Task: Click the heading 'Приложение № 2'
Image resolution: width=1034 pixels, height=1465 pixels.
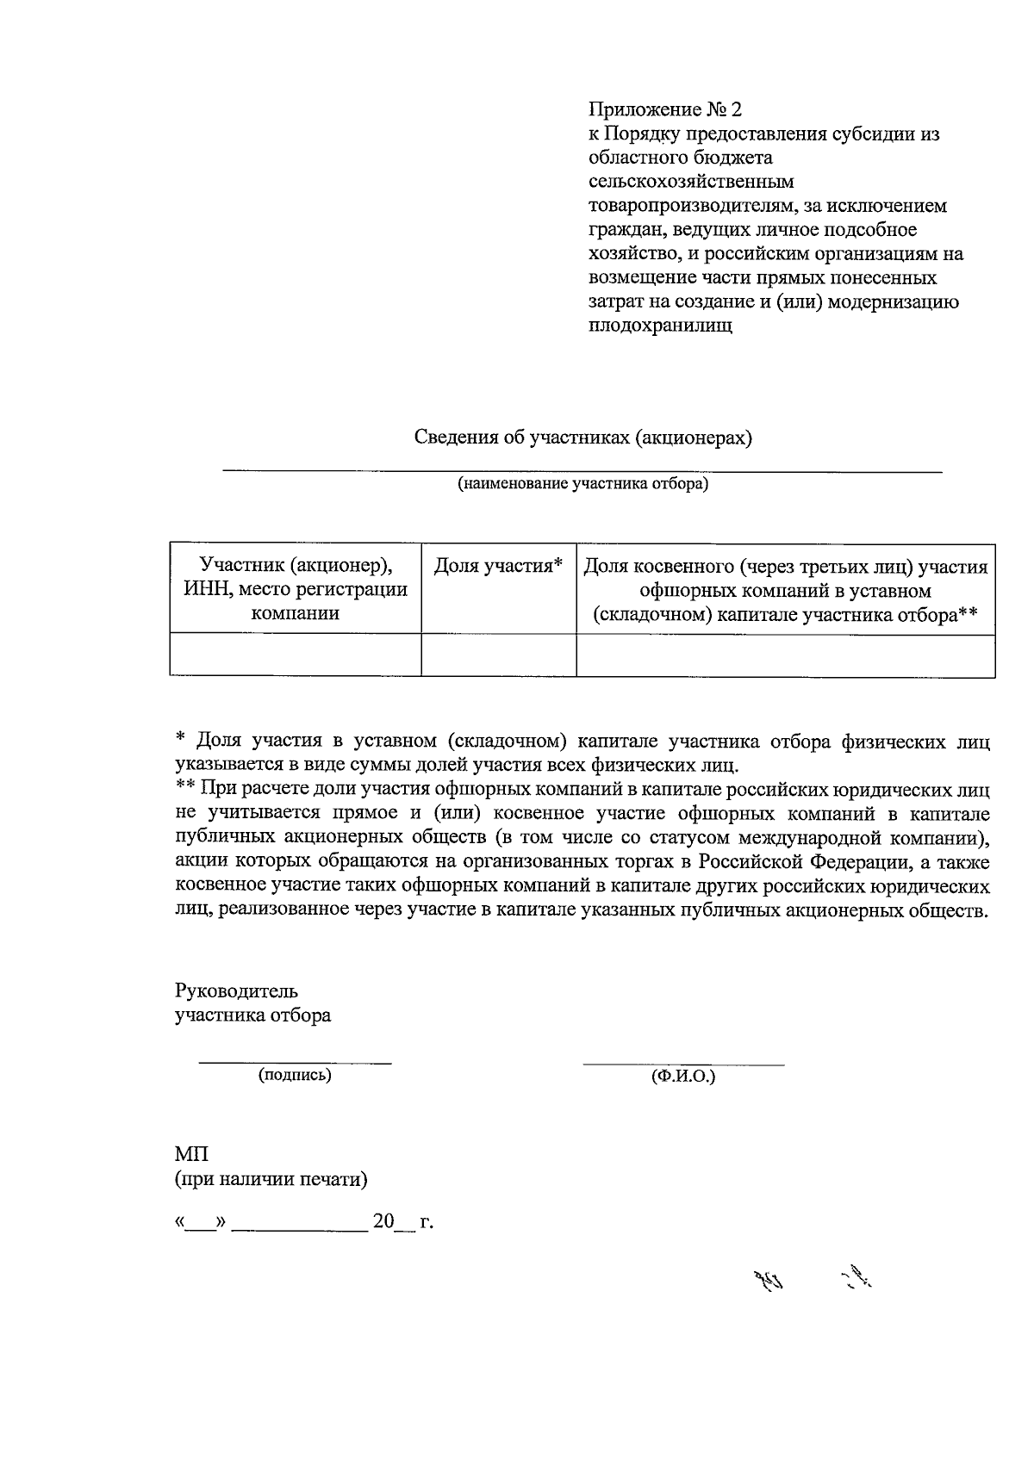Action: (663, 109)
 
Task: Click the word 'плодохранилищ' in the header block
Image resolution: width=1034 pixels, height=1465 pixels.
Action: (660, 326)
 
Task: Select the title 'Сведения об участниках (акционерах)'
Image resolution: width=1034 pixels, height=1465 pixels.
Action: (583, 438)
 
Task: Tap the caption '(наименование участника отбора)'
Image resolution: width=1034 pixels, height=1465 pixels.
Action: (582, 484)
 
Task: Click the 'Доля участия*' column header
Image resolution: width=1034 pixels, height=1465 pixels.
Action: (498, 566)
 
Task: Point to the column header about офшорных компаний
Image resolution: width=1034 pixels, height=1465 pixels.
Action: (785, 590)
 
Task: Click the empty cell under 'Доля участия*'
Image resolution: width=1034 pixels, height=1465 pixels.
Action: (498, 655)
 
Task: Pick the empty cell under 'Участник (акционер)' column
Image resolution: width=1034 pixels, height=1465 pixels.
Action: (295, 655)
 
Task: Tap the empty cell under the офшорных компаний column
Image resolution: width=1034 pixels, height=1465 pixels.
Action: (785, 655)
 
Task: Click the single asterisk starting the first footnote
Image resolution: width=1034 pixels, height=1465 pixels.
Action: (180, 739)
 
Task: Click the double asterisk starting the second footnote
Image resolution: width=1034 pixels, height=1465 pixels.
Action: (184, 788)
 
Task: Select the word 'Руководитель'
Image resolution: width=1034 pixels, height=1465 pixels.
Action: (236, 990)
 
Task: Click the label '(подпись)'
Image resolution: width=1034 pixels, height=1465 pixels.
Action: (295, 1075)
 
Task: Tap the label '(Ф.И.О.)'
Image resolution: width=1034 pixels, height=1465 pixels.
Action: (684, 1077)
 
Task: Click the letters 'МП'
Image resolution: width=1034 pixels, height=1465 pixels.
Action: (190, 1154)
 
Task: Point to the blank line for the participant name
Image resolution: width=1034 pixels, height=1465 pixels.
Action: (582, 470)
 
